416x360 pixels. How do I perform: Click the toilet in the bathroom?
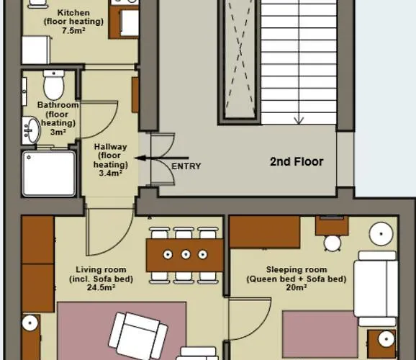tap(54, 86)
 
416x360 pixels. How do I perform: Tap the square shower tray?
tap(48, 174)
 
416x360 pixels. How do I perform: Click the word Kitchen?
tap(73, 13)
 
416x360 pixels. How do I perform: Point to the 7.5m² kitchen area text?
tap(73, 31)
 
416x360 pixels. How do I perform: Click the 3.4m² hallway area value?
tap(110, 173)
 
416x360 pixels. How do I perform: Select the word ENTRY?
tap(186, 166)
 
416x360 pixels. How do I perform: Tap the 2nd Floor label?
tap(297, 161)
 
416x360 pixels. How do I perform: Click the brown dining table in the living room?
tap(185, 255)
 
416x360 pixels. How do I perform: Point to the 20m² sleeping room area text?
tap(296, 288)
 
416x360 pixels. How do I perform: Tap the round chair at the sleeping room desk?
tap(332, 243)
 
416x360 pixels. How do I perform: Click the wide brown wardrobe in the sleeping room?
tap(265, 233)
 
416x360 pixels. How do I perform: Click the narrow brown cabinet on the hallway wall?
tap(135, 95)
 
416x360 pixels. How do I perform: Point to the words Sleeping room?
tap(296, 269)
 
